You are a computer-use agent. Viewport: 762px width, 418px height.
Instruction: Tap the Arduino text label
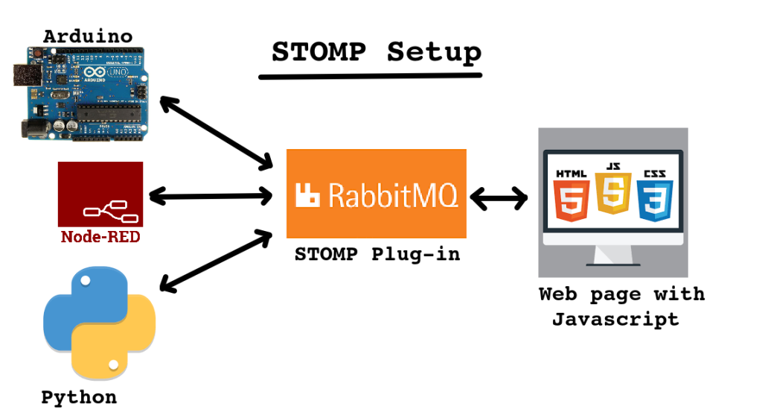click(x=88, y=35)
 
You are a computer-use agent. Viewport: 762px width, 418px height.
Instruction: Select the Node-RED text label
click(x=100, y=238)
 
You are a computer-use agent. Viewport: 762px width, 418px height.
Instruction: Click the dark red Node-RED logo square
click(x=100, y=194)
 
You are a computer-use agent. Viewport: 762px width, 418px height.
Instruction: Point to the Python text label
click(x=79, y=397)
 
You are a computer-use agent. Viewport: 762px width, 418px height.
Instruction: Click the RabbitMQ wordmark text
click(x=394, y=195)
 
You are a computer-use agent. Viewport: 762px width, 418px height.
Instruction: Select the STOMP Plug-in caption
click(x=377, y=254)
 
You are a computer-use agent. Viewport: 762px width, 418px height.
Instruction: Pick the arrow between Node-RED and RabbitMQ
click(x=211, y=197)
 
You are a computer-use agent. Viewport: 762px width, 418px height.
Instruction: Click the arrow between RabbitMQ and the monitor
click(x=499, y=198)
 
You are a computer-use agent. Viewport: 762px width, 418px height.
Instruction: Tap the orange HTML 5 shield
click(x=571, y=196)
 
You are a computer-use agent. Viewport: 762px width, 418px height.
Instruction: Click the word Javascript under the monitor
click(x=615, y=320)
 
